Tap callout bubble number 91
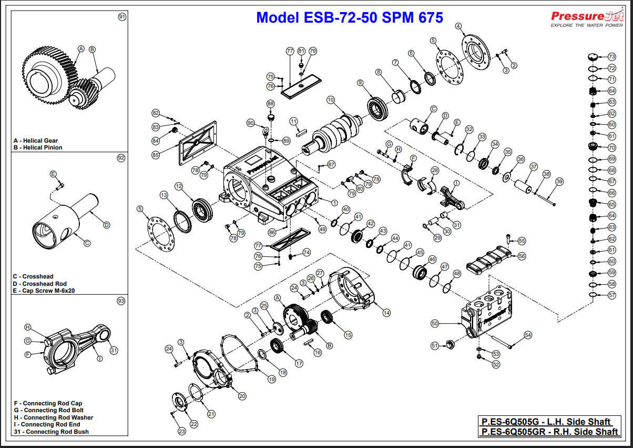point(122,17)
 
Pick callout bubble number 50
point(435,323)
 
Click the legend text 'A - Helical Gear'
point(36,141)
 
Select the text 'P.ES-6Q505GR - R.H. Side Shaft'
point(549,432)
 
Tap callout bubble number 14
point(386,313)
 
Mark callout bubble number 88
point(271,104)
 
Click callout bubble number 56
point(522,256)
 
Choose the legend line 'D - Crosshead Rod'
point(40,284)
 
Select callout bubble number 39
point(559,182)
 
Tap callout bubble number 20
point(242,396)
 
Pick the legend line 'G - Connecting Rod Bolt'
point(49,410)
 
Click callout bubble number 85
point(156,155)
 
